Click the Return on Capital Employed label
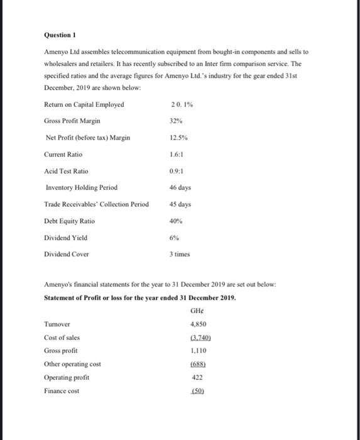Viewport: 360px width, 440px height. (x=84, y=104)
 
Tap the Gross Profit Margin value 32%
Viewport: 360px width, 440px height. (x=177, y=121)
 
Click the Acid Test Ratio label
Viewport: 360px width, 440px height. (x=67, y=171)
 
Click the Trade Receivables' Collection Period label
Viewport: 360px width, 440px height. (x=96, y=204)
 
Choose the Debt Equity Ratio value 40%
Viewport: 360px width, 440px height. (x=177, y=221)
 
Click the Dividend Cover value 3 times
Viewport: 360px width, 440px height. (x=180, y=255)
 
